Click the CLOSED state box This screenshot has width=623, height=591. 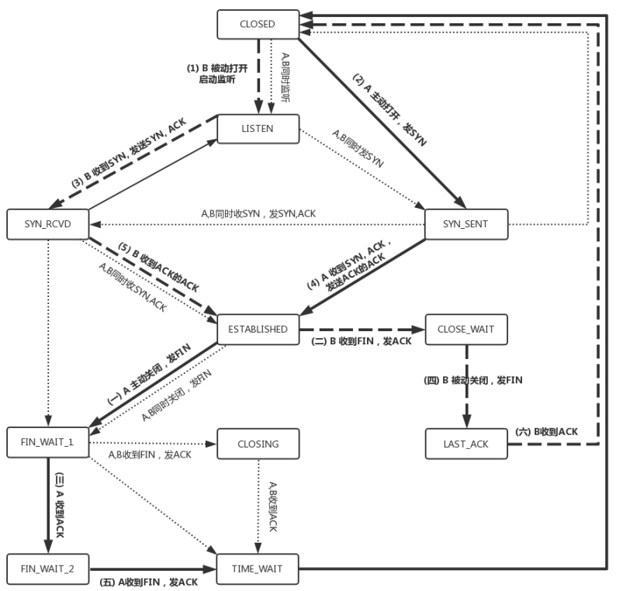pos(258,24)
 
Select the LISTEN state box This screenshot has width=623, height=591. pos(258,129)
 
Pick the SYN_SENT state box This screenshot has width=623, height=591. pos(466,224)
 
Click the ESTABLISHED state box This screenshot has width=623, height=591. pos(258,329)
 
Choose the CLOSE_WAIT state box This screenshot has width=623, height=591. pos(466,329)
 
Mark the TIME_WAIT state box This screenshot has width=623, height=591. pos(258,569)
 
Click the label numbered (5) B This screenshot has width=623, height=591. pos(159,268)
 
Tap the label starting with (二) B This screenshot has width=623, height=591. pos(361,342)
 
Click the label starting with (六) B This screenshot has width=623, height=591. pos(546,431)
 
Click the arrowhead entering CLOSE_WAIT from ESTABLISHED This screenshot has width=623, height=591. pos(420,329)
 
